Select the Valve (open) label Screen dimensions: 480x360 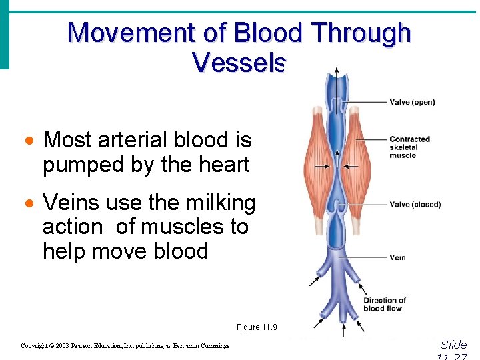click(412, 102)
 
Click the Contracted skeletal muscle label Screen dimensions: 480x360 click(409, 147)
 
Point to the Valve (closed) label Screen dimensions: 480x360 click(415, 204)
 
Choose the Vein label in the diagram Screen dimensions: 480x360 click(397, 257)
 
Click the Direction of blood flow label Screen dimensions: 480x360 click(384, 305)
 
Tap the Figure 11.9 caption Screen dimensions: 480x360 click(257, 327)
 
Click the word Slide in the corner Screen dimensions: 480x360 click(454, 345)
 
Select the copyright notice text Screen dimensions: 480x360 click(125, 346)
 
